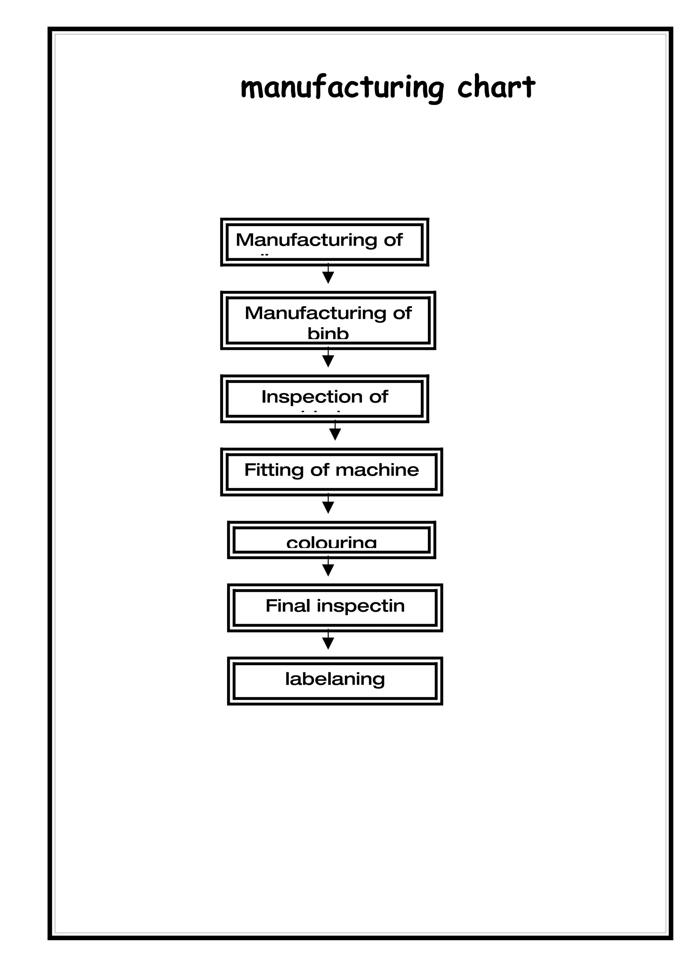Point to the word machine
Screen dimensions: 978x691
(x=377, y=470)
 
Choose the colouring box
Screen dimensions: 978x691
(x=331, y=540)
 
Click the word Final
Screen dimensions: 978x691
(x=287, y=606)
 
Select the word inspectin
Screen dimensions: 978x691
(x=360, y=606)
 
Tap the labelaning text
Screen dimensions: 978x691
(x=335, y=679)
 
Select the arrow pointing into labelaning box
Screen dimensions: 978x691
(x=328, y=641)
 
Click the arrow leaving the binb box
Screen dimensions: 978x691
(x=328, y=359)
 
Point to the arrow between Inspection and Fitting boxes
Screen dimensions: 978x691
(x=335, y=432)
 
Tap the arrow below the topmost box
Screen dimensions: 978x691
(x=328, y=275)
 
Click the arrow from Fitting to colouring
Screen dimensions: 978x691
(x=328, y=505)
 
